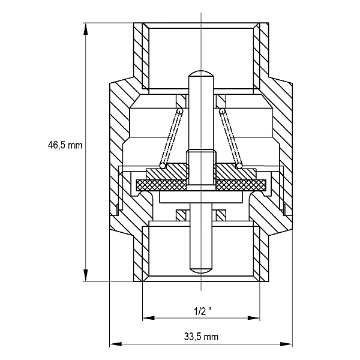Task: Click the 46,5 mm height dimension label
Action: pyautogui.click(x=65, y=145)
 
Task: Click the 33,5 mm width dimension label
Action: pyautogui.click(x=201, y=337)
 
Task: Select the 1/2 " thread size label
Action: pyautogui.click(x=203, y=311)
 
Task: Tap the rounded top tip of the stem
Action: pyautogui.click(x=201, y=71)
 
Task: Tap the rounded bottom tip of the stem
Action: pyautogui.click(x=201, y=271)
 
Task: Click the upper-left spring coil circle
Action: pyautogui.click(x=180, y=112)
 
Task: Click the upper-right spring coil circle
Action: pyautogui.click(x=222, y=112)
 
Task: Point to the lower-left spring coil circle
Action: pyautogui.click(x=163, y=166)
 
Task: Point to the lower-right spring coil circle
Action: pyautogui.click(x=239, y=166)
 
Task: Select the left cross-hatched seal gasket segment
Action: pyautogui.click(x=161, y=185)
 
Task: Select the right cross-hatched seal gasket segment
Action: pyautogui.click(x=241, y=185)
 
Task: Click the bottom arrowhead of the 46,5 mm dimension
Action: pyautogui.click(x=85, y=275)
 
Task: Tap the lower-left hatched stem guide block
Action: pyautogui.click(x=181, y=215)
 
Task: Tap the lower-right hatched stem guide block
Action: pyautogui.click(x=221, y=215)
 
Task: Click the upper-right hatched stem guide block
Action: pyautogui.click(x=221, y=101)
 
